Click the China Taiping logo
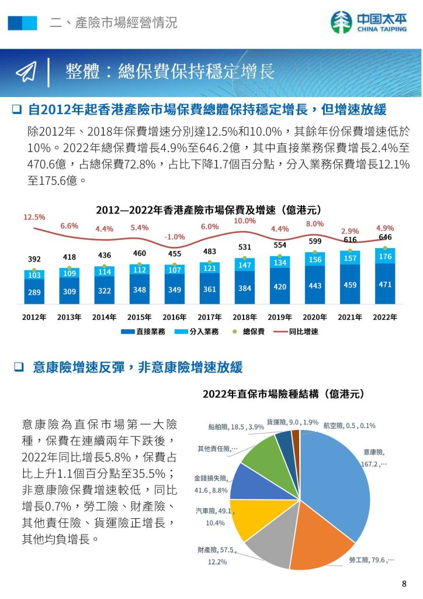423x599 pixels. [x=368, y=23]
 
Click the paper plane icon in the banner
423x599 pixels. [x=27, y=71]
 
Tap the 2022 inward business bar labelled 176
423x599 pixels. [x=385, y=256]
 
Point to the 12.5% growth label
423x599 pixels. [x=34, y=217]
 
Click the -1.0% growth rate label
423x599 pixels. [x=175, y=237]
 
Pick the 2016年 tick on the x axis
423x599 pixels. [x=174, y=317]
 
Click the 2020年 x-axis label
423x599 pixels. [x=315, y=317]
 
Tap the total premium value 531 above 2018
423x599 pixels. [x=245, y=247]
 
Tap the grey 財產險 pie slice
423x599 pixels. [x=269, y=544]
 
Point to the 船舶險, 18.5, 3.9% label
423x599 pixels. [x=236, y=427]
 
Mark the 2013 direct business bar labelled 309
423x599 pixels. [x=69, y=291]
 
